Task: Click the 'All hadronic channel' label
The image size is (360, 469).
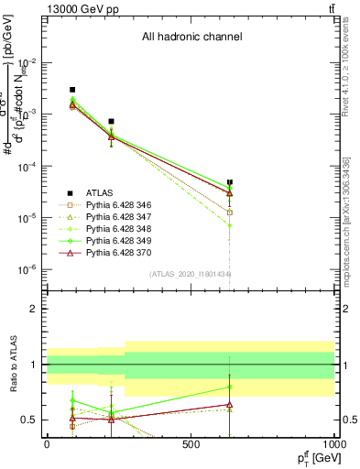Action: point(191,38)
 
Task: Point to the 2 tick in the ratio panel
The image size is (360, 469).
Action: point(35,309)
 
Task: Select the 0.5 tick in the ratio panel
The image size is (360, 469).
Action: point(31,420)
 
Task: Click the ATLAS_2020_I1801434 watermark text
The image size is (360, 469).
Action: point(191,274)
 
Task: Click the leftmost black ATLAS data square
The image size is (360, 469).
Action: point(72,90)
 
